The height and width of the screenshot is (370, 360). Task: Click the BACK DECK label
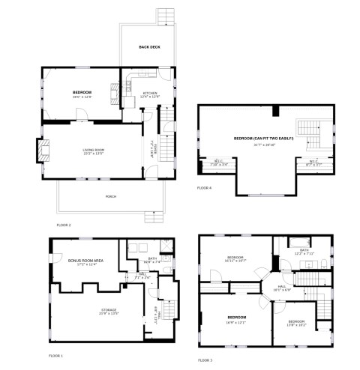coord(149,47)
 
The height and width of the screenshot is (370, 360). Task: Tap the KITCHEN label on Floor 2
coord(150,92)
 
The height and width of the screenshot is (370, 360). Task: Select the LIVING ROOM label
coord(93,151)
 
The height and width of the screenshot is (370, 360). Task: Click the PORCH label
coord(111,197)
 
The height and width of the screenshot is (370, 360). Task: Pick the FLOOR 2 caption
coord(64,225)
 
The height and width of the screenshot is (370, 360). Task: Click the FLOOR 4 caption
coord(204,187)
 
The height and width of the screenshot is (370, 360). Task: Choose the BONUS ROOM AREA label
coord(85,260)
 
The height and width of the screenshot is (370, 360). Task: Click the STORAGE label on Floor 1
coord(109,309)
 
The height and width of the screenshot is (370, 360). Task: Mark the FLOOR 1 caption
coord(56,355)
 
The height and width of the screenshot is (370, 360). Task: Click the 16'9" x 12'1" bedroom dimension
coord(237,323)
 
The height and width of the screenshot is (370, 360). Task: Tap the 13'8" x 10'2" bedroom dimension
coord(297,325)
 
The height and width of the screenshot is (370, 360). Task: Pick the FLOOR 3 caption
coord(205,360)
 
